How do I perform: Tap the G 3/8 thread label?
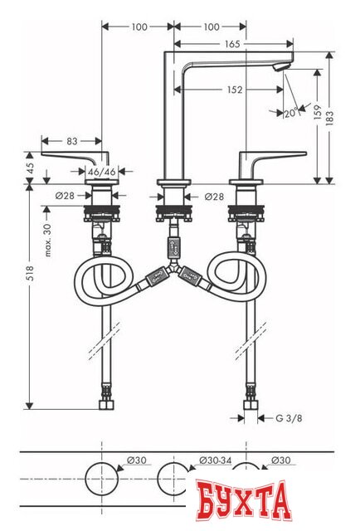point(289,419)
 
